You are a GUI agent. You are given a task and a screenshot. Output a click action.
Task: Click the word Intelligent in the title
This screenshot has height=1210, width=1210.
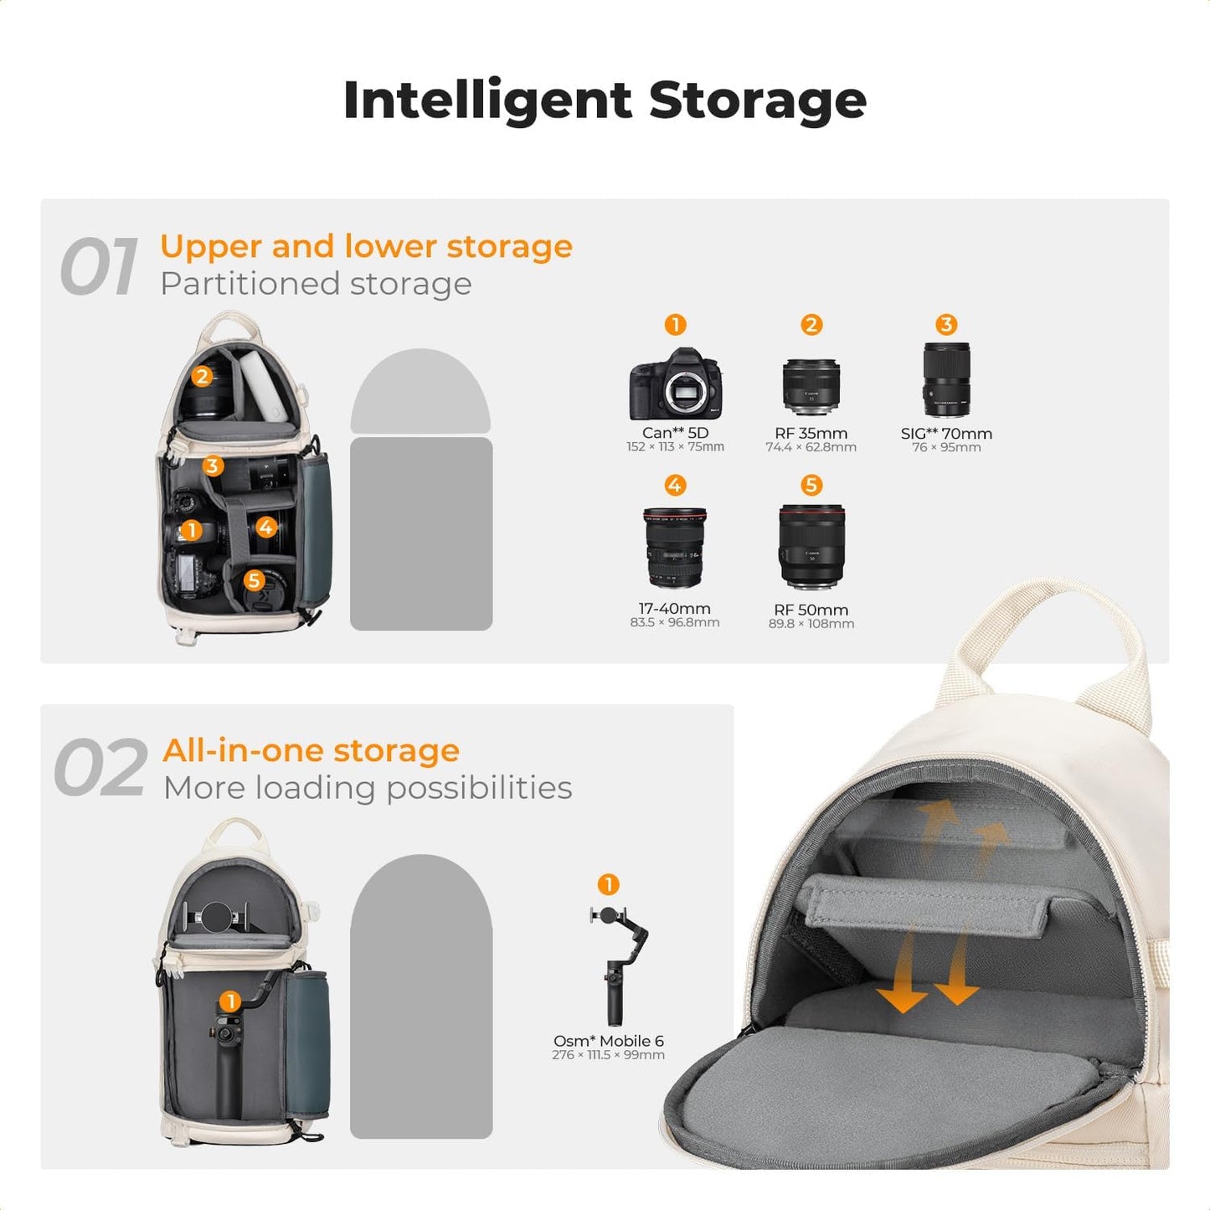487,100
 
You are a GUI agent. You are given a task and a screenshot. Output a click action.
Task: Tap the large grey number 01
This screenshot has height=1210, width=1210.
99,267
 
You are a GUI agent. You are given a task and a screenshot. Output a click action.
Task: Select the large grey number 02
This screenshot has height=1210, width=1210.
100,769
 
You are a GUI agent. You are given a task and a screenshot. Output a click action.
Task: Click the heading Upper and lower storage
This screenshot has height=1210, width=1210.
366,246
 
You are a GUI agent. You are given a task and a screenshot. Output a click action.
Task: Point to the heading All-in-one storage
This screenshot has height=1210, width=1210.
311,750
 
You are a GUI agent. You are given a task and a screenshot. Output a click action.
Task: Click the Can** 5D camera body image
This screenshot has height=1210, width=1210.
675,384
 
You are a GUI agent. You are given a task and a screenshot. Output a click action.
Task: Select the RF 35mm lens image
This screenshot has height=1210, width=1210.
811,387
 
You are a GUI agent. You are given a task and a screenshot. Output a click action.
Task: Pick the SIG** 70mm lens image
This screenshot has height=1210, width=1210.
946,379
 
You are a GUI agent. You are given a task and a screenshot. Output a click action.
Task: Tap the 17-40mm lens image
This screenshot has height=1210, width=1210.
675,548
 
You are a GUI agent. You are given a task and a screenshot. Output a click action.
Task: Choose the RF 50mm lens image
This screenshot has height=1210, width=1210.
811,547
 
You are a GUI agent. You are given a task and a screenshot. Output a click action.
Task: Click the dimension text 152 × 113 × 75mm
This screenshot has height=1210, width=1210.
675,447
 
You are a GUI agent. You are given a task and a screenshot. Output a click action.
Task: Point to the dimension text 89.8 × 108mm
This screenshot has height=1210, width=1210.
811,624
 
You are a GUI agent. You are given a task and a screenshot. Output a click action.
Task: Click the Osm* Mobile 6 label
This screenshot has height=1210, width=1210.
608,1041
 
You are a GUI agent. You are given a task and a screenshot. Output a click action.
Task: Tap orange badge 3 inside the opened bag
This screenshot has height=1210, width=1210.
213,466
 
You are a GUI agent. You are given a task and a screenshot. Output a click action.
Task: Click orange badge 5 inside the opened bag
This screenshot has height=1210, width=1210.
255,580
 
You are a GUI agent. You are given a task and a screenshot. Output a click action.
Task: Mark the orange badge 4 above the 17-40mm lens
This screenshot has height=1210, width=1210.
675,485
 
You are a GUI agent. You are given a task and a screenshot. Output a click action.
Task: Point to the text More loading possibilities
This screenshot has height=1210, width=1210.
368,788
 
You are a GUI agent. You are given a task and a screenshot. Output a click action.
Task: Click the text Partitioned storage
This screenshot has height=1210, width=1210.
316,284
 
